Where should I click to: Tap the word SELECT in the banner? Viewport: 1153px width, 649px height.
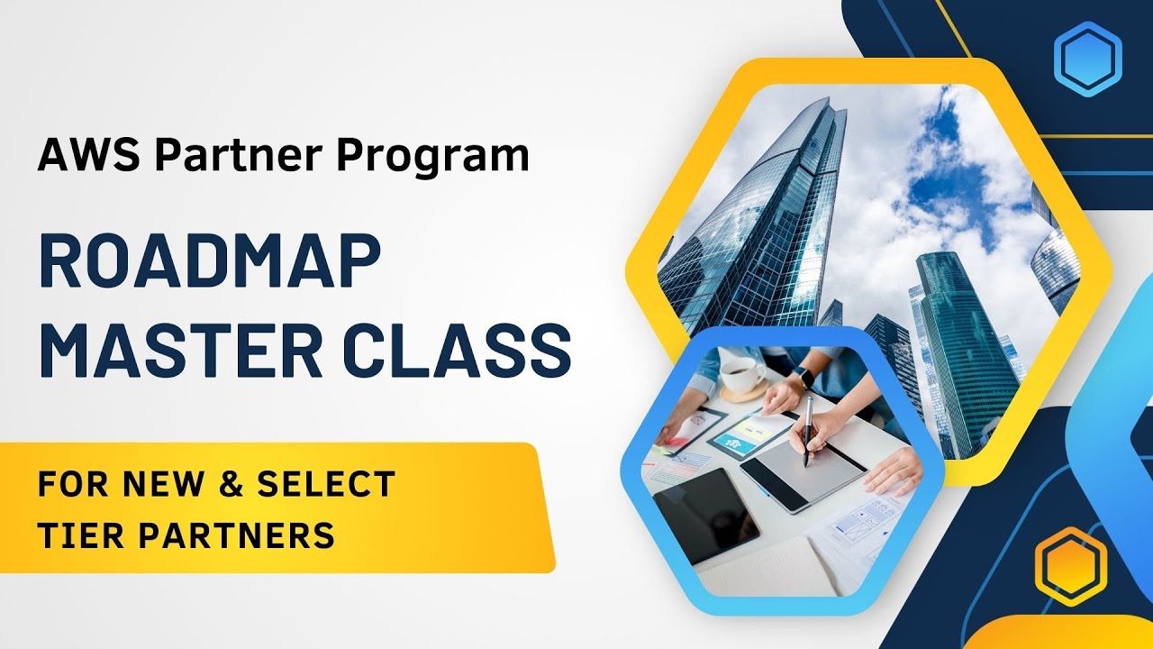pos(326,485)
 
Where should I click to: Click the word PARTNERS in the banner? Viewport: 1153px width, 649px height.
pos(238,535)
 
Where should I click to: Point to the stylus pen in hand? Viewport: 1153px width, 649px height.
pos(808,428)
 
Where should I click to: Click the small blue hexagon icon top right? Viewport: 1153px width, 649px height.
pos(1087,59)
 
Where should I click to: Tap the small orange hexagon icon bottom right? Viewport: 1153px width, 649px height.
pos(1069,566)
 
